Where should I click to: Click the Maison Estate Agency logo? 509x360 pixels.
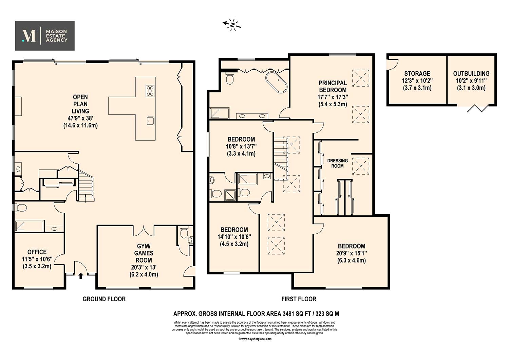click(x=45, y=36)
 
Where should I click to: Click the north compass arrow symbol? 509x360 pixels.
click(x=231, y=25)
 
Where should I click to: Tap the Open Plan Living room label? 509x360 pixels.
click(x=80, y=111)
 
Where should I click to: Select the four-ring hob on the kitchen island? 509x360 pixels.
click(x=150, y=91)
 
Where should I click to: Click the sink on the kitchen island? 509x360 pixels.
click(x=150, y=121)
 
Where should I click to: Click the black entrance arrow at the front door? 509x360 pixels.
click(x=80, y=276)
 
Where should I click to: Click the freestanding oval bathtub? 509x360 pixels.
click(x=276, y=82)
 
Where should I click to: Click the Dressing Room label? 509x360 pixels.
click(x=337, y=163)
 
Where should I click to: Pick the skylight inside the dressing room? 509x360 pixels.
click(x=361, y=166)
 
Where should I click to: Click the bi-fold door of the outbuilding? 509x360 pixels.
click(x=478, y=108)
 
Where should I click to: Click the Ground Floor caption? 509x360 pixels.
click(x=104, y=299)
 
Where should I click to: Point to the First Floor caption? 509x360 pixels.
click(x=299, y=299)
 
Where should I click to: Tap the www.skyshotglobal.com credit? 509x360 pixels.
click(x=255, y=339)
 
